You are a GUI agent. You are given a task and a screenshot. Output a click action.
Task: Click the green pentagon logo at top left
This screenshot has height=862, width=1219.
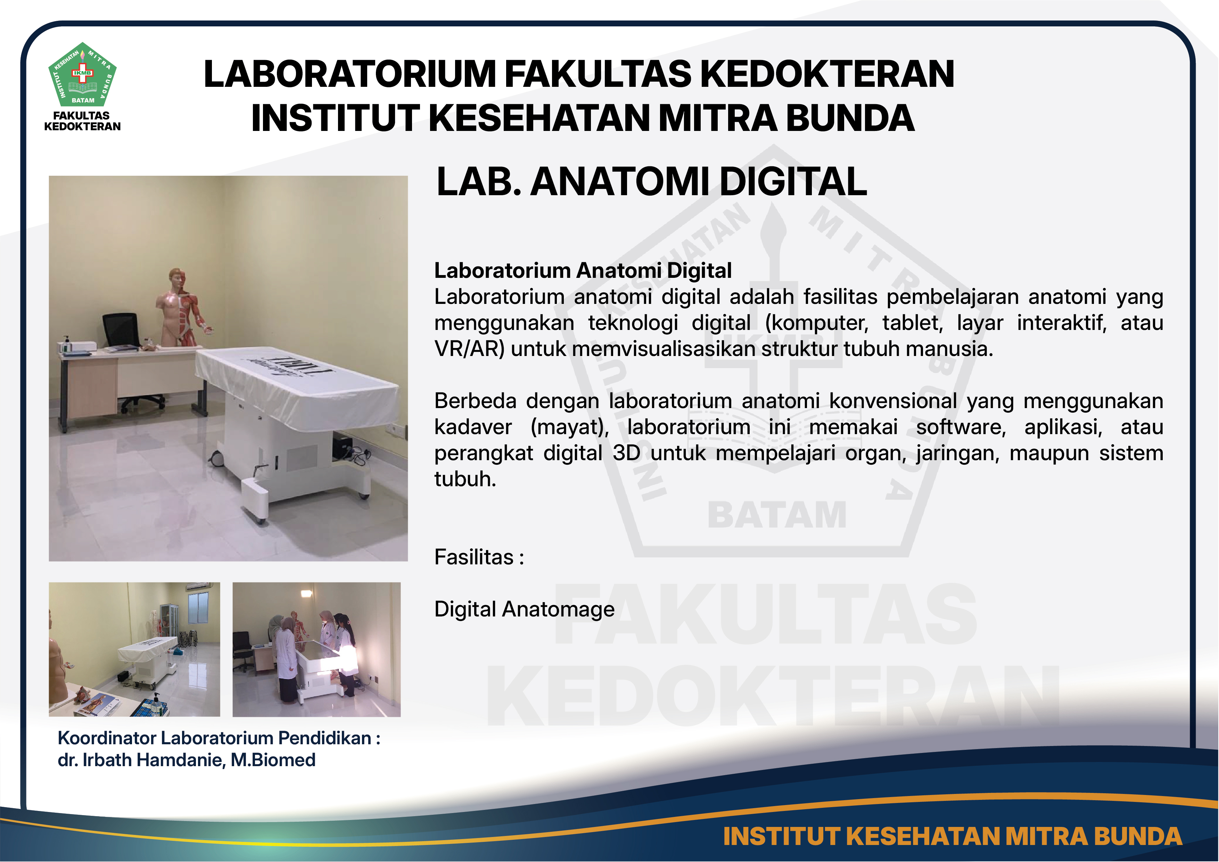click(x=82, y=74)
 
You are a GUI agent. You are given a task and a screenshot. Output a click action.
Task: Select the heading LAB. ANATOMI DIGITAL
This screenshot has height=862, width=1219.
click(x=651, y=182)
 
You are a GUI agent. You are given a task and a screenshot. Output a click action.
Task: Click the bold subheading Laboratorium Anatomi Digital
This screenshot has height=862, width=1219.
click(x=583, y=270)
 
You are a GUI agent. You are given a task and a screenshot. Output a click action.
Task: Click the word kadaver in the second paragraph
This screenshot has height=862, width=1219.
click(x=473, y=427)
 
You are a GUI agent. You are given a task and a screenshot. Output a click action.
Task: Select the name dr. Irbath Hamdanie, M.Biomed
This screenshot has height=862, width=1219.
click(x=186, y=760)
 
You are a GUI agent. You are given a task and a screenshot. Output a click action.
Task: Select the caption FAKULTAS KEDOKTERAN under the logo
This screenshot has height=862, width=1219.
click(x=82, y=121)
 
